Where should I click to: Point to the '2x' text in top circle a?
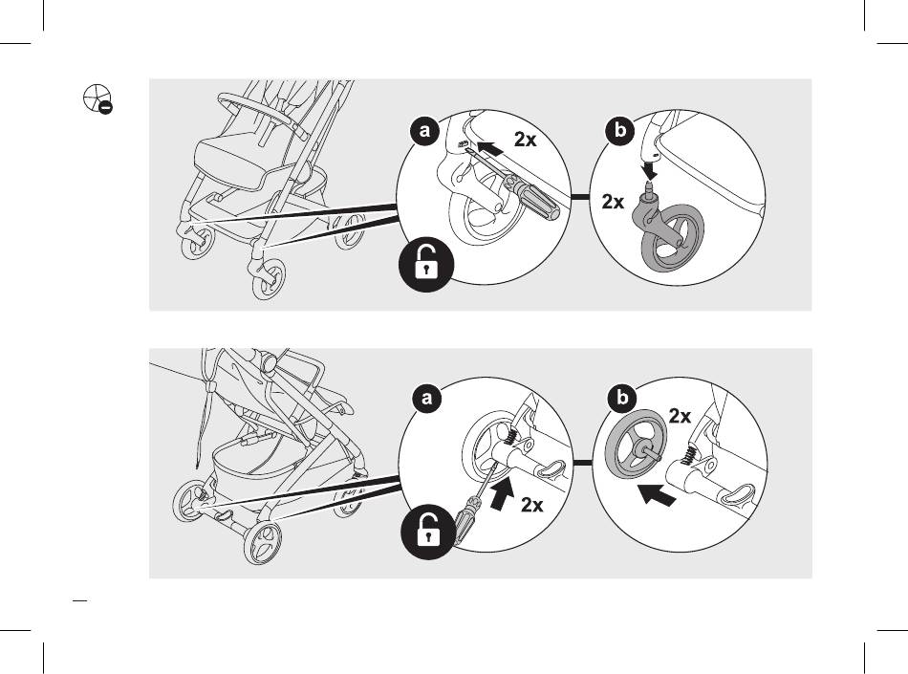(x=526, y=140)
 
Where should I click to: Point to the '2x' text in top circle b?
(x=613, y=202)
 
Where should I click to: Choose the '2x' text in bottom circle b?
(x=681, y=416)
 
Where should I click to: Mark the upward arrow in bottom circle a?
(x=501, y=495)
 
